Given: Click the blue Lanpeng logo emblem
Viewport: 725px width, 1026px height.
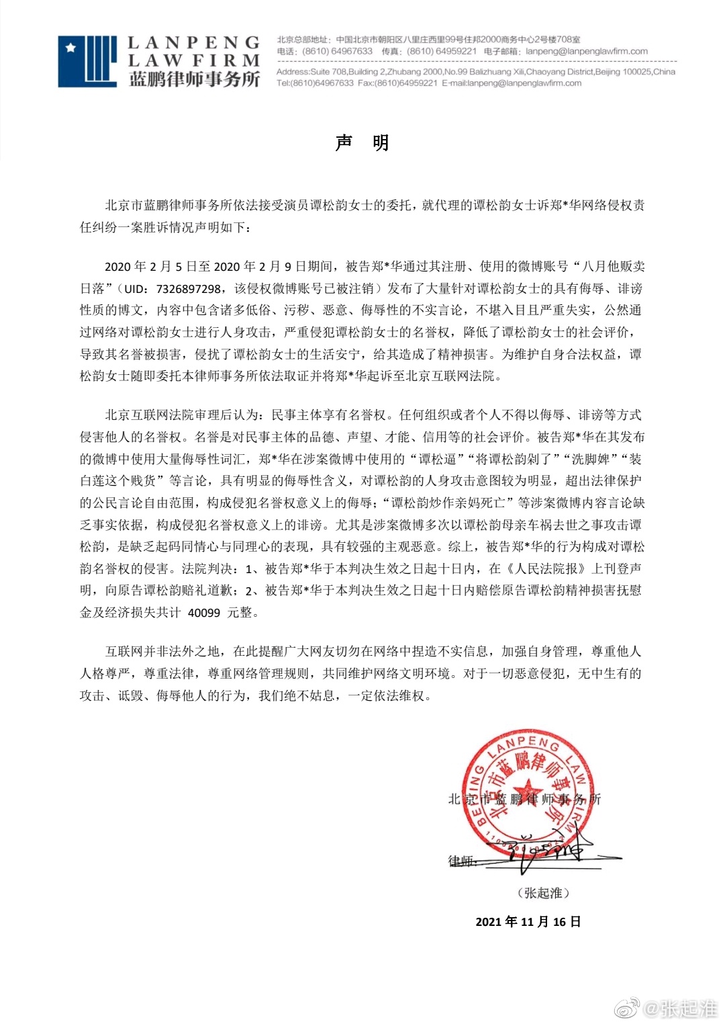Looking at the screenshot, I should click(x=87, y=61).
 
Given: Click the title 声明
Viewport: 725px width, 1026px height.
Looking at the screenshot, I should click(x=362, y=142).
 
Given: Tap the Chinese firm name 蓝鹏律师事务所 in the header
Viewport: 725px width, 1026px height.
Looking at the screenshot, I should click(x=194, y=79).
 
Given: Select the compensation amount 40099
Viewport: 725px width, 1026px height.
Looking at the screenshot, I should click(x=204, y=613).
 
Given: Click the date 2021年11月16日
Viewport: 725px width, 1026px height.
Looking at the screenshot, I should click(x=528, y=922).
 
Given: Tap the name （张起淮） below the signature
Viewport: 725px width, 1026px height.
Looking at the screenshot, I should click(x=543, y=893).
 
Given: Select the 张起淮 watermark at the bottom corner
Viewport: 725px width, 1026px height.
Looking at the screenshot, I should click(x=687, y=1008).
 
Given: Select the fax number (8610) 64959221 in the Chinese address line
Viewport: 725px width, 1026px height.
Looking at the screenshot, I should click(x=441, y=51).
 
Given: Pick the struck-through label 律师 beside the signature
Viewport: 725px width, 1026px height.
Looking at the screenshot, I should click(x=461, y=861).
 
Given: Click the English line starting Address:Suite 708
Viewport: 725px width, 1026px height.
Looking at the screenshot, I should click(x=475, y=72).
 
